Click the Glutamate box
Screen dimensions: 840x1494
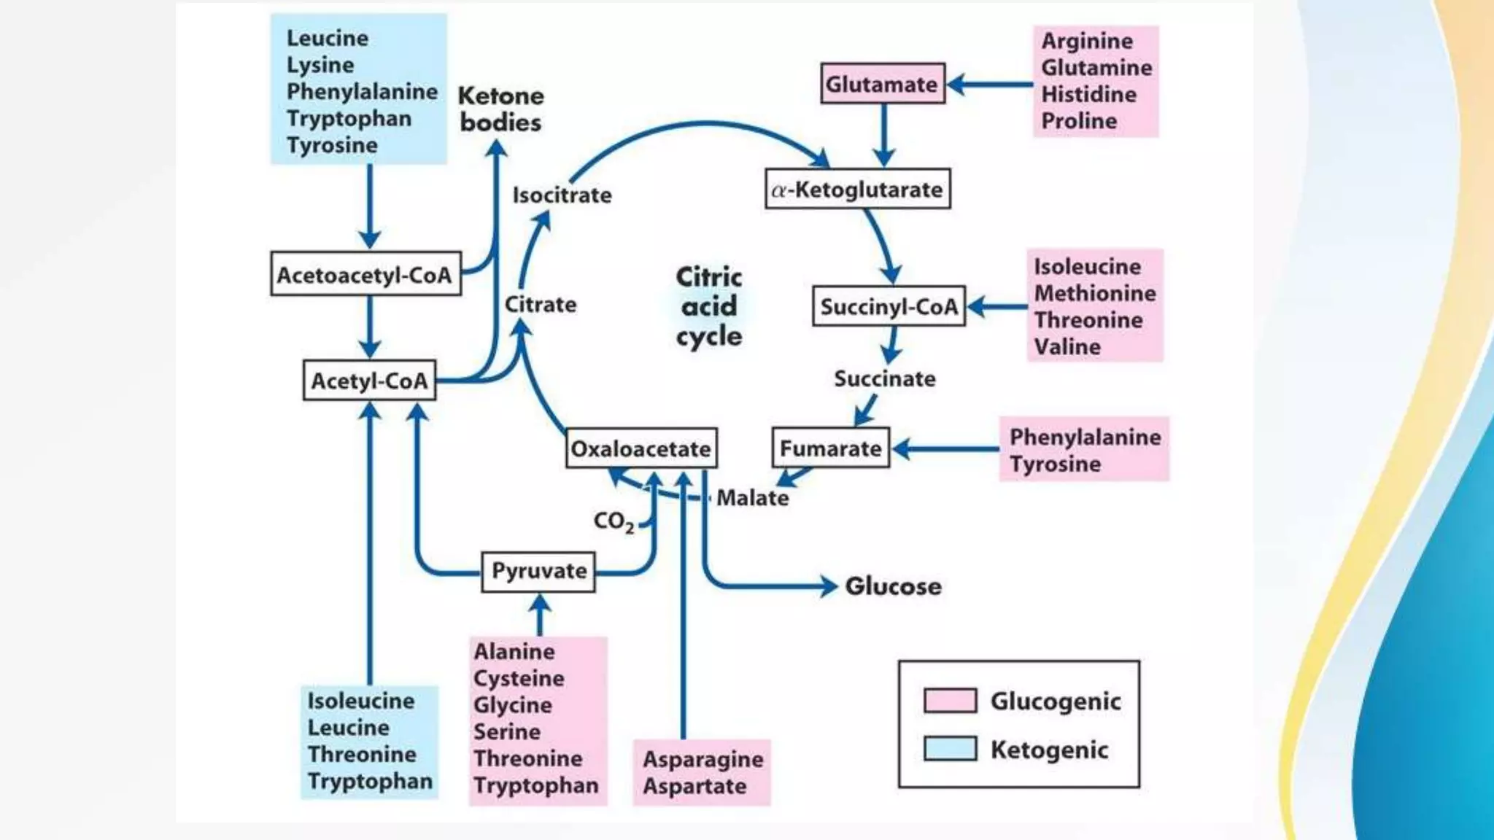coord(882,84)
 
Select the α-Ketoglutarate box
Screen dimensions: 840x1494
coord(857,190)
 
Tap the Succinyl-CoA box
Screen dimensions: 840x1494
coord(889,306)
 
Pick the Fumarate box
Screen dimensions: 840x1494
coord(830,448)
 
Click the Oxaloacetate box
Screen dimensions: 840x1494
coord(640,448)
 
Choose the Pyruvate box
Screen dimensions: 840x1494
coord(538,571)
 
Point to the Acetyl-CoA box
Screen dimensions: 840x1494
coord(369,381)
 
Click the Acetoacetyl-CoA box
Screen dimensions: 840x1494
coord(365,275)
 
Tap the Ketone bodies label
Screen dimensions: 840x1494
coord(500,109)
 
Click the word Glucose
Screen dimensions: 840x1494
coord(893,586)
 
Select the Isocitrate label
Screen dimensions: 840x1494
coord(562,195)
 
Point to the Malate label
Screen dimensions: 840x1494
coord(752,498)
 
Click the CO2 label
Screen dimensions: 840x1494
coord(613,521)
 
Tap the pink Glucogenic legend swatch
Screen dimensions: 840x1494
coord(950,700)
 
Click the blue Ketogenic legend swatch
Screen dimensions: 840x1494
coord(950,749)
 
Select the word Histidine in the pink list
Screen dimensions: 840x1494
coord(1088,94)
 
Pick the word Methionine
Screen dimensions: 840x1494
coord(1094,293)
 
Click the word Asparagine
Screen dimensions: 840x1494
coord(703,759)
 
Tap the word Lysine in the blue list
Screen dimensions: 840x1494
coord(320,65)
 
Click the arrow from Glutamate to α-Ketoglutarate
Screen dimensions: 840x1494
coord(883,136)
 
